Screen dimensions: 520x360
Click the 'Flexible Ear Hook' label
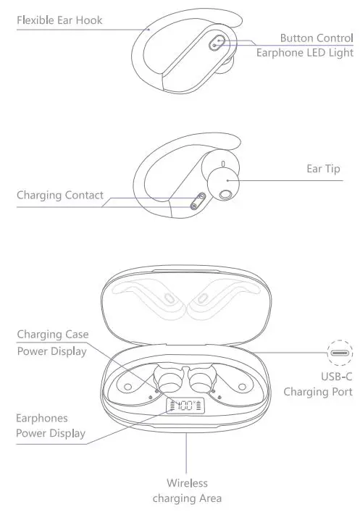pos(59,20)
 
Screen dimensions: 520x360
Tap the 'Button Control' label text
pos(316,38)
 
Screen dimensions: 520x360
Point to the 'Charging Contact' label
pos(60,196)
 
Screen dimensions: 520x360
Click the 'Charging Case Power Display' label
pos(51,343)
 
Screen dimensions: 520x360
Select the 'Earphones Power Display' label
pos(50,425)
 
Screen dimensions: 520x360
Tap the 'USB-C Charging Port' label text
pos(317,384)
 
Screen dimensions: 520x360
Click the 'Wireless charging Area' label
pos(187,490)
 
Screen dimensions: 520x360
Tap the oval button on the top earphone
pos(215,43)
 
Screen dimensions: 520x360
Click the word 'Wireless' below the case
pos(187,483)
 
